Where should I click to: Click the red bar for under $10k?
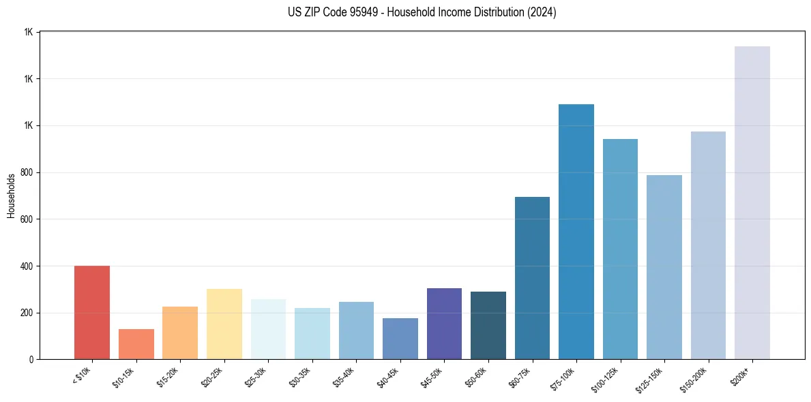pos(91,313)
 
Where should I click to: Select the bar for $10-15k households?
pos(136,344)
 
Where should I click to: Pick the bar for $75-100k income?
pos(576,232)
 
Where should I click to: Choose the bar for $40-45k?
pos(400,339)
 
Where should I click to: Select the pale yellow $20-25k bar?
pos(224,324)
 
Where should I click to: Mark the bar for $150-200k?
pos(708,245)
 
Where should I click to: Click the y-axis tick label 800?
pos(26,173)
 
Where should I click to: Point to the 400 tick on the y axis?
pos(26,266)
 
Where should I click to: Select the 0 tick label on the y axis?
pos(31,360)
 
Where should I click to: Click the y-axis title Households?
pos(11,196)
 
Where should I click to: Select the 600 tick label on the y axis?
pos(26,219)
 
